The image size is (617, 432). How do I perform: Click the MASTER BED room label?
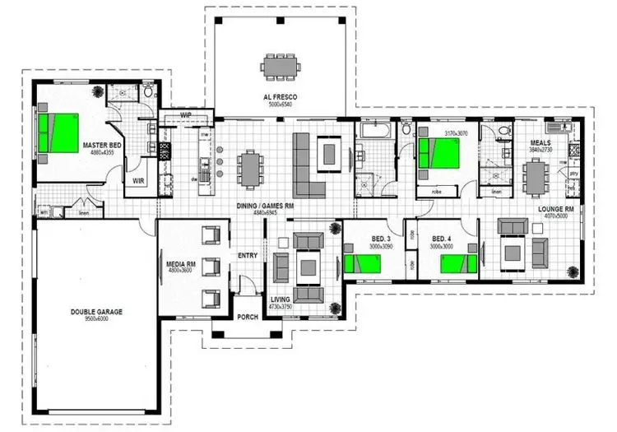(102, 146)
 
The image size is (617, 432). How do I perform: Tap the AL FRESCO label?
(280, 98)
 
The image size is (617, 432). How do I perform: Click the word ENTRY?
(248, 255)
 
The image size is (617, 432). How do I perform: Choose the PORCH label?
(247, 317)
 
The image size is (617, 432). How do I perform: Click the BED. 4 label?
(442, 239)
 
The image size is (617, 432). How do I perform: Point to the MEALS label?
(540, 142)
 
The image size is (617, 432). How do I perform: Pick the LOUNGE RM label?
(555, 209)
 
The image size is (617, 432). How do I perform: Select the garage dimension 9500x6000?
(96, 320)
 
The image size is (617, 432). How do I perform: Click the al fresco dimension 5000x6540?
(280, 105)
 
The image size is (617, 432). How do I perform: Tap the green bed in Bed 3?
(362, 263)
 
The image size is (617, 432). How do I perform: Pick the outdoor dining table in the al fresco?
(280, 65)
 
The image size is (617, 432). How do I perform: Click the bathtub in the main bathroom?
(376, 130)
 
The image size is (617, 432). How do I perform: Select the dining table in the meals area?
(536, 174)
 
